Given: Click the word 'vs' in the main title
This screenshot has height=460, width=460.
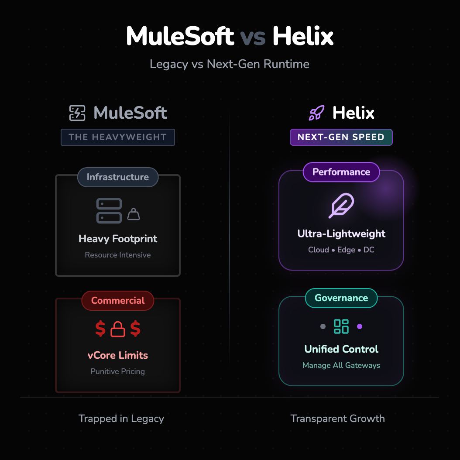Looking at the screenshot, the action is click(x=253, y=37).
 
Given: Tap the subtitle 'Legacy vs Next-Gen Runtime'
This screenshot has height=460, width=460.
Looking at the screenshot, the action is click(x=230, y=64).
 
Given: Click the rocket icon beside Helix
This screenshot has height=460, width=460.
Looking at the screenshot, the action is click(x=316, y=113).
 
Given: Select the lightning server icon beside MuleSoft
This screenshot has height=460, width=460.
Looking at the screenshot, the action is click(x=77, y=113).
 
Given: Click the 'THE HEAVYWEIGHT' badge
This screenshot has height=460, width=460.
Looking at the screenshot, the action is click(x=118, y=137).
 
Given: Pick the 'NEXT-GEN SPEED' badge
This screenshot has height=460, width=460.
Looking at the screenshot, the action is click(x=341, y=137).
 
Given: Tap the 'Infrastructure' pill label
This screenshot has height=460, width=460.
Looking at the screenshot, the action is click(x=118, y=177).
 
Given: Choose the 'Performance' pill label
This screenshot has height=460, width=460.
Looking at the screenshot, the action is click(x=341, y=172).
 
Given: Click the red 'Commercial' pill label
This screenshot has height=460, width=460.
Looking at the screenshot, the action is click(x=118, y=301).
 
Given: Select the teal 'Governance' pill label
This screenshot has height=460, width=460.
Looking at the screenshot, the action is click(x=341, y=298).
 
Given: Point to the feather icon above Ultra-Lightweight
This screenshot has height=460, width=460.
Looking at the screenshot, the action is click(x=341, y=206).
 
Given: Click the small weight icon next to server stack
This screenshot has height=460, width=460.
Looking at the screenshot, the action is click(x=134, y=214).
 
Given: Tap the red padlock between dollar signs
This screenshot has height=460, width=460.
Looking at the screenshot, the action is click(x=118, y=330).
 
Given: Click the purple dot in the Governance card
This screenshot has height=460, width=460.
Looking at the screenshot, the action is click(x=360, y=326).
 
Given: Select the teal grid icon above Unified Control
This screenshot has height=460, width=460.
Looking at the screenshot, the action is click(x=341, y=326).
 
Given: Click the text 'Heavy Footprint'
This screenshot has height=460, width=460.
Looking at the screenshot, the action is click(x=118, y=239).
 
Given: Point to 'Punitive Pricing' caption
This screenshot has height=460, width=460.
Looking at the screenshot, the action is click(x=118, y=371).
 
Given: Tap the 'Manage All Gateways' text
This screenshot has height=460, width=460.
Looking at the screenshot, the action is click(x=341, y=365).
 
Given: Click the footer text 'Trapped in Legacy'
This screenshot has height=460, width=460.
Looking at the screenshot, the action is click(x=121, y=419).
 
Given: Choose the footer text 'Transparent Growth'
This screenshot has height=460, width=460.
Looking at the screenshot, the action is click(x=338, y=419).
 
